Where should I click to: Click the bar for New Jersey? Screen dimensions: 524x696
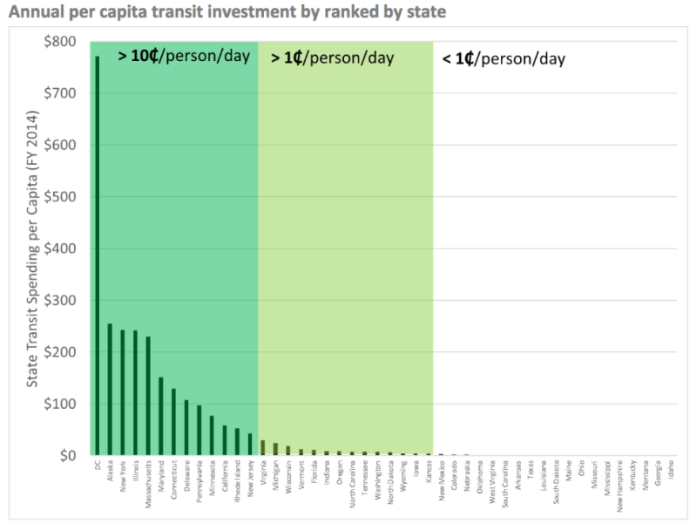tap(250, 444)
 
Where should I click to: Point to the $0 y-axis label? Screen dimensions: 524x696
tap(70, 455)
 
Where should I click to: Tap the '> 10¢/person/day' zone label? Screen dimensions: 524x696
tap(184, 57)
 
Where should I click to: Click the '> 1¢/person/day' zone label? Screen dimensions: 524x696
tap(332, 58)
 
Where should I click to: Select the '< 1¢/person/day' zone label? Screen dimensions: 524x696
tap(503, 58)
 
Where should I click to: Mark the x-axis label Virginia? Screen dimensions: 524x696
tap(261, 472)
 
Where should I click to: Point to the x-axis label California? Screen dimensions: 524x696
tap(224, 474)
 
